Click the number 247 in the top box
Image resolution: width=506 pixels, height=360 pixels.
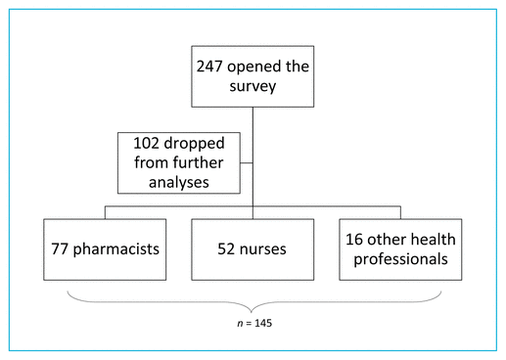click(x=209, y=67)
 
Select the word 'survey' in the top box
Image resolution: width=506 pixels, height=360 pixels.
click(x=253, y=87)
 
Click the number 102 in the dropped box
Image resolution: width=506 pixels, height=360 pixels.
click(x=146, y=144)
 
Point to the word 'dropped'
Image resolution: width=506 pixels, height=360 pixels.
click(x=194, y=144)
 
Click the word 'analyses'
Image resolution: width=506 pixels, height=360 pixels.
click(x=179, y=183)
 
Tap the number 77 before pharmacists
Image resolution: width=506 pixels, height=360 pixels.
click(x=60, y=249)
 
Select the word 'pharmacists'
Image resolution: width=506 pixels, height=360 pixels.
click(x=115, y=249)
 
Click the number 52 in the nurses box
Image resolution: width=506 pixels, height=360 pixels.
click(x=226, y=249)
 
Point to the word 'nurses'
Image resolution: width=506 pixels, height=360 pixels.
click(x=262, y=249)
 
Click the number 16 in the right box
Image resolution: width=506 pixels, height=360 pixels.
click(x=353, y=240)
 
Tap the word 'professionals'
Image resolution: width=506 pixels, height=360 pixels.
click(x=400, y=259)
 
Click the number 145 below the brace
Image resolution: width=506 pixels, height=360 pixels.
click(x=263, y=323)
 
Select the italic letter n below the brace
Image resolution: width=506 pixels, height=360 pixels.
click(x=240, y=324)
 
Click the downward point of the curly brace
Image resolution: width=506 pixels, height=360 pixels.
click(x=251, y=312)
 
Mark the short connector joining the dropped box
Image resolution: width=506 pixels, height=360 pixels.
click(x=247, y=162)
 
